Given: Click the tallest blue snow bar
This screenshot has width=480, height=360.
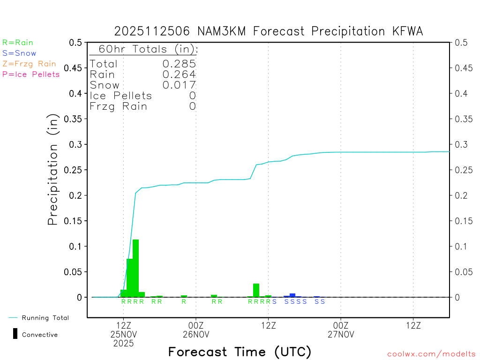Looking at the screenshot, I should (292, 295).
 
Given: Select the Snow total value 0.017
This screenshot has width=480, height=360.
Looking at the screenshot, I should (179, 85).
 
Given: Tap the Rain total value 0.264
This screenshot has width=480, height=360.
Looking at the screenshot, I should (179, 74).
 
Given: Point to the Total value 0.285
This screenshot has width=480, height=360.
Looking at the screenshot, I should (179, 64).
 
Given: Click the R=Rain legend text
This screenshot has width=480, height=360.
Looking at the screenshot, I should (18, 43).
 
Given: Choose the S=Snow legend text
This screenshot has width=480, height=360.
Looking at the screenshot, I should (19, 53).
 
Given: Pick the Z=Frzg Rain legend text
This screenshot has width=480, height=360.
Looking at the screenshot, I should (29, 64).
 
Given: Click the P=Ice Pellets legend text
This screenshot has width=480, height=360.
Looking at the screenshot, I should (31, 74).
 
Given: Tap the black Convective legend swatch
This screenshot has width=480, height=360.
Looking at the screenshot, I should (15, 334).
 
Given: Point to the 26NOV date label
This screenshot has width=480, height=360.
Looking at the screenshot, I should (195, 334).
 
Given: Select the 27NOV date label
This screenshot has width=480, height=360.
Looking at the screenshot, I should (340, 334).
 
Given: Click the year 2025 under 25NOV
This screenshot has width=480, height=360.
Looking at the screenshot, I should (123, 343).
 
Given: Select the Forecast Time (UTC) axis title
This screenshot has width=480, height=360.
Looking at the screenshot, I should (240, 352).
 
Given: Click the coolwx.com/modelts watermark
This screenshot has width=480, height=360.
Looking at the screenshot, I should (431, 354).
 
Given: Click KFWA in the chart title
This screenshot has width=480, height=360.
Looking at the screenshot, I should (407, 31).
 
